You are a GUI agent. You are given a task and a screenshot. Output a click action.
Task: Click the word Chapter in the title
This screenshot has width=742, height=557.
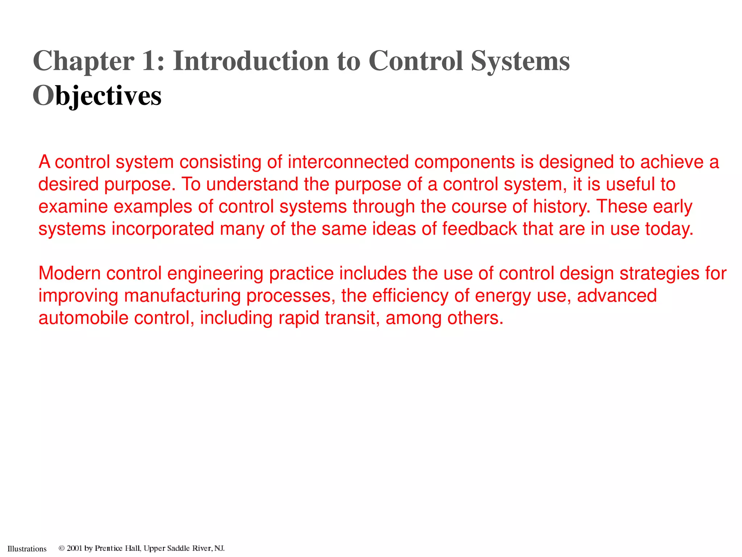[83, 61]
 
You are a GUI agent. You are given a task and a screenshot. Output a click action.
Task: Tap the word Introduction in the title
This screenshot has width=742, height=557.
[251, 61]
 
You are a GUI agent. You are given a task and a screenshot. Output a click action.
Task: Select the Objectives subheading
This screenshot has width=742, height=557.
[97, 96]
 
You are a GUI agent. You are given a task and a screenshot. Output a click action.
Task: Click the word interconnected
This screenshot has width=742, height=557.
[348, 162]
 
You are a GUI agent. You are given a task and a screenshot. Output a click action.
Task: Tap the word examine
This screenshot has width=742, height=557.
[73, 207]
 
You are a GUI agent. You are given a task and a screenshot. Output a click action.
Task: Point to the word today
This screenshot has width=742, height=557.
[669, 229]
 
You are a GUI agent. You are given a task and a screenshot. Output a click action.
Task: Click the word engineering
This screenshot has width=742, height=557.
[215, 273]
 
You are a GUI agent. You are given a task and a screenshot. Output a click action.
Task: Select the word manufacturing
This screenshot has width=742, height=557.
[182, 296]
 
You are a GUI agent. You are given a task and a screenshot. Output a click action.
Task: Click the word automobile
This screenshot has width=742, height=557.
[83, 318]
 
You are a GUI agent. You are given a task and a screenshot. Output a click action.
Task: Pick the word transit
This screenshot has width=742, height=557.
[352, 318]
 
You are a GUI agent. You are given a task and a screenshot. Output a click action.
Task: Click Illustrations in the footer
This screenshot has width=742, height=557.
[27, 549]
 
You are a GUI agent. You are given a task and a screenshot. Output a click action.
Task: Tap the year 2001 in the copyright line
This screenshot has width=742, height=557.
[75, 548]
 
